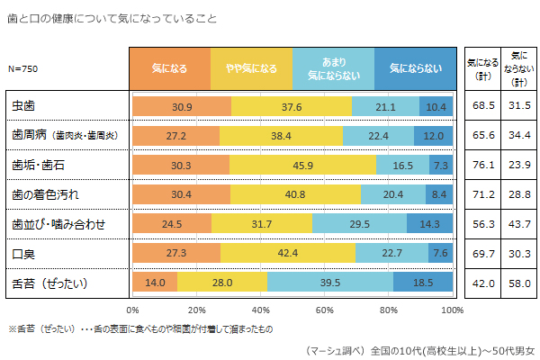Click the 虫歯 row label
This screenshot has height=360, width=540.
click(x=22, y=106)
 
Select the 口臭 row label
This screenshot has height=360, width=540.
click(x=22, y=254)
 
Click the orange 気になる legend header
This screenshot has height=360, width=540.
click(x=171, y=67)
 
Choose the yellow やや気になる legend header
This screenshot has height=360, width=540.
click(x=251, y=67)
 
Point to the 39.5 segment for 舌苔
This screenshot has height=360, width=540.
click(x=329, y=283)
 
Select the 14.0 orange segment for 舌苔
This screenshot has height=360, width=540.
click(x=155, y=283)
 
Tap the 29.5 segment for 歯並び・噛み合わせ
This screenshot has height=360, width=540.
click(x=359, y=224)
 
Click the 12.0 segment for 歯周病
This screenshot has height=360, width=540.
click(x=433, y=136)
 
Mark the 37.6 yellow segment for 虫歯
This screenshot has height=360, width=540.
click(x=291, y=106)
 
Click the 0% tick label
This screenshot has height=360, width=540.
click(x=133, y=310)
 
